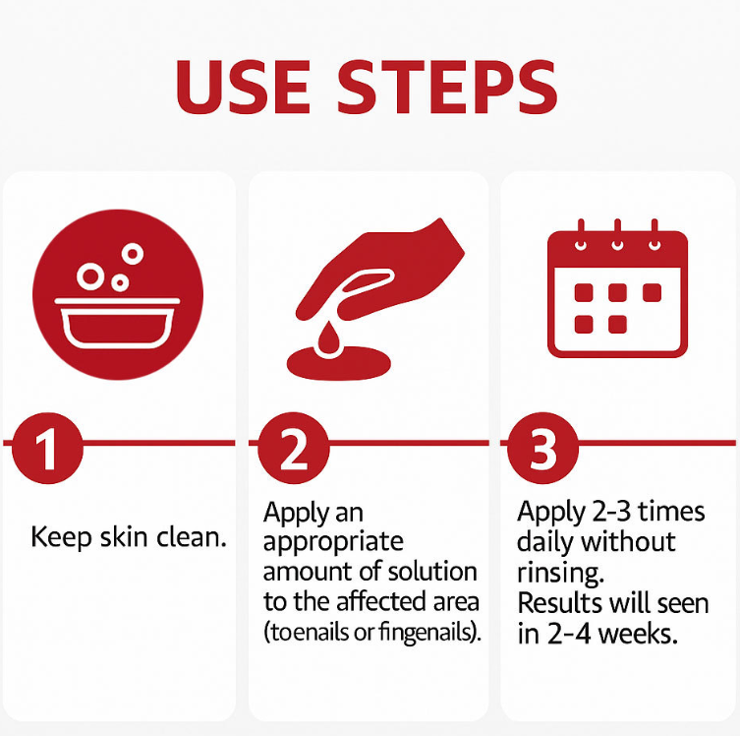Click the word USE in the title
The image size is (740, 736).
243,87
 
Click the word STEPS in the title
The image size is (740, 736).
447,87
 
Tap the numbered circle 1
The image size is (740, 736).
47,448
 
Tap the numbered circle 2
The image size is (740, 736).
294,448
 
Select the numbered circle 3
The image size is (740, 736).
542,448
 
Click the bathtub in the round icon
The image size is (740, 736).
117,323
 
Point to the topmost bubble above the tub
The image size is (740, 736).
133,254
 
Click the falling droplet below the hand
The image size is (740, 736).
328,337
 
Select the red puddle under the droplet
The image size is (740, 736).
339,363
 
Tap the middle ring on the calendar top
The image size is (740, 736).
617,245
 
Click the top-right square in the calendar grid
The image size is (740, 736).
652,292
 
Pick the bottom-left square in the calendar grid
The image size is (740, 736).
584,325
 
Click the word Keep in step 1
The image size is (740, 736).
61,538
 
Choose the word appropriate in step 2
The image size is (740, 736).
333,543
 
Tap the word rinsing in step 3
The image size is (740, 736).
561,574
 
